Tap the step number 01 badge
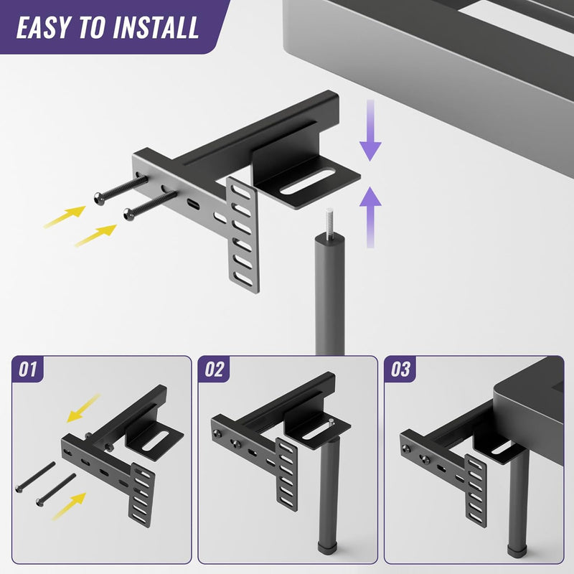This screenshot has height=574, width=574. click(27, 370)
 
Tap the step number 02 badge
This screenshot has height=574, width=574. click(214, 370)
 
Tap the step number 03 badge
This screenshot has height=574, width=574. click(400, 370)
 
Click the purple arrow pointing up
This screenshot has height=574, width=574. click(370, 215)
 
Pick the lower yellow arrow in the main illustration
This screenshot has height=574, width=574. click(95, 235)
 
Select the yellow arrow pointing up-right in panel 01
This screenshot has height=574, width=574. click(72, 506)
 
